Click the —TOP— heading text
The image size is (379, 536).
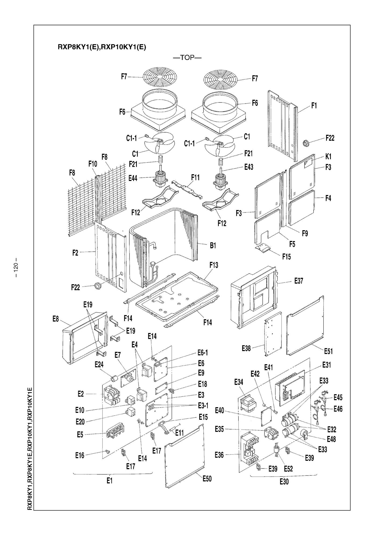[187, 58]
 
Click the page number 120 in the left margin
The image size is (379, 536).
[16, 268]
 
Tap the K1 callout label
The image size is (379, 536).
[328, 157]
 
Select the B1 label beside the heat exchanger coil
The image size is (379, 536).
[213, 246]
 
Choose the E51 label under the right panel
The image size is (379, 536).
[328, 351]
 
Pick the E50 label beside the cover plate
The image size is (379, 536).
[207, 478]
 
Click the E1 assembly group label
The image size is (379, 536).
[109, 481]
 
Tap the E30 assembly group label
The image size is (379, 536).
[284, 481]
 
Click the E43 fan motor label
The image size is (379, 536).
[249, 167]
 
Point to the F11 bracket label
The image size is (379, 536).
[195, 178]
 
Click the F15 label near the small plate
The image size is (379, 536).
[286, 257]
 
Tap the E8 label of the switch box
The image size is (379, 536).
[55, 319]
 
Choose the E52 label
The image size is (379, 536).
[288, 469]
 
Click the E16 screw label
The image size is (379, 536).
[80, 455]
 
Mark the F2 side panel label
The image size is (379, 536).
[75, 253]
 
